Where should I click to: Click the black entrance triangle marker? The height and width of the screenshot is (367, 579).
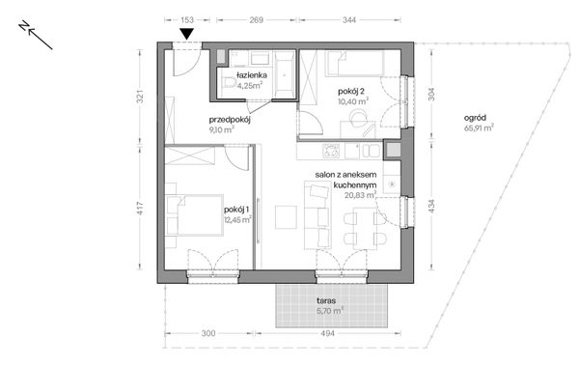pos(187,34)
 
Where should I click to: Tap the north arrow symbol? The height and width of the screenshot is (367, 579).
pos(36,35)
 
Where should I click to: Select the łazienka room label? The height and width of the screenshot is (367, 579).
pos(252,75)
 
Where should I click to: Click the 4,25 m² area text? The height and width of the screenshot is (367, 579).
pos(250,86)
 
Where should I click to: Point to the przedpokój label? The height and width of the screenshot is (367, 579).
pos(230,120)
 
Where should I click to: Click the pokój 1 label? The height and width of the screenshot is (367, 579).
pos(236,210)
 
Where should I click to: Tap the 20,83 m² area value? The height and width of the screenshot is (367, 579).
pos(360,195)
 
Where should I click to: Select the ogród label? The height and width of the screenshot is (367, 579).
pos(475,118)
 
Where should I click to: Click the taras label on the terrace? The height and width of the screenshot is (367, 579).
pos(326,300)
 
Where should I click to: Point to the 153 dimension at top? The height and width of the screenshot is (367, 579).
pos(187,19)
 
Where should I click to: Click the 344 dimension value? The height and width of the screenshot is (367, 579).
pos(349,19)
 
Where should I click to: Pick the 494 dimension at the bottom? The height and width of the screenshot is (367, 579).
pos(327,333)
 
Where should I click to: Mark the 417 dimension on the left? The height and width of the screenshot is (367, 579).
pos(140,208)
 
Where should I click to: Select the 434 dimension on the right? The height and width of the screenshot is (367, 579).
pos(431,207)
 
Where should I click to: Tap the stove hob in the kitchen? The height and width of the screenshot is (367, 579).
pos(331,151)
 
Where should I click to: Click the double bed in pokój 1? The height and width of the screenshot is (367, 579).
pos(195,215)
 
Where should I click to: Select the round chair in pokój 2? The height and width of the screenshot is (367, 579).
pos(357,119)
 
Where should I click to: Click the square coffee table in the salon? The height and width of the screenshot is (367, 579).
pos(286,217)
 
